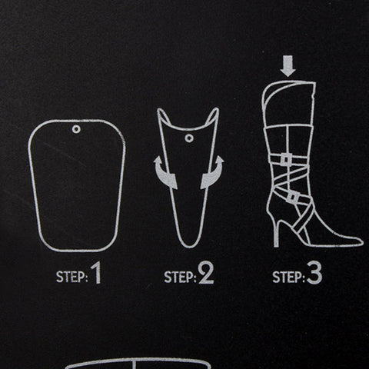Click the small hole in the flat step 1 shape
[x=76, y=129]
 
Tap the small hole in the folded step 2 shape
[x=189, y=138]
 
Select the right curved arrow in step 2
[x=213, y=173]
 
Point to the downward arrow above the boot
[x=288, y=66]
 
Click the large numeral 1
[x=96, y=273]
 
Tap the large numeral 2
[x=206, y=273]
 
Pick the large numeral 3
[x=314, y=274]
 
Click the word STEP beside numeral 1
[x=71, y=277]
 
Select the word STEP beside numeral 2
[x=179, y=277]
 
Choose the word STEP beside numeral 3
[x=288, y=278]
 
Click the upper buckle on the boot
[x=286, y=160]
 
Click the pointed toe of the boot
[x=362, y=242]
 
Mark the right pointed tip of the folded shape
[x=217, y=109]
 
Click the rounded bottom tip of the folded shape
[x=189, y=247]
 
